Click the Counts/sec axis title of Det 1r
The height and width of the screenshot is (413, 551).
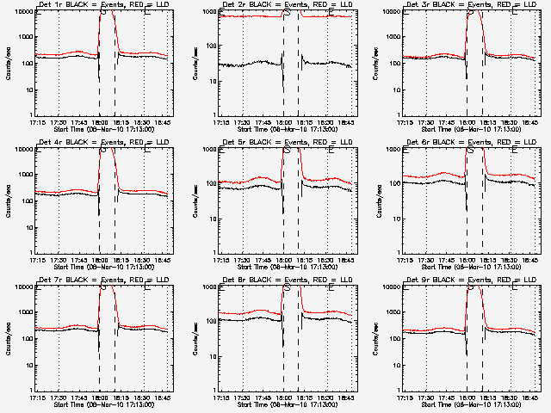(9, 64)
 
